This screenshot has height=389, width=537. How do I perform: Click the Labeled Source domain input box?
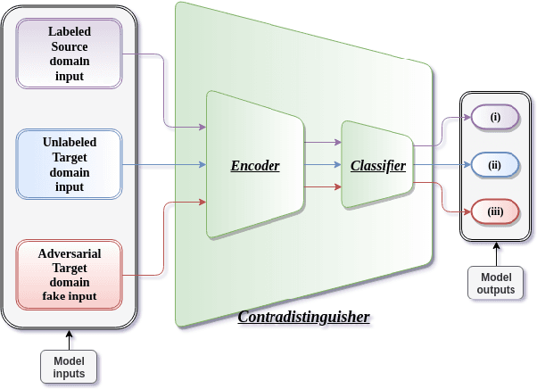click(69, 54)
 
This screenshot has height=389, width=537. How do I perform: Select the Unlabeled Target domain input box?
click(69, 164)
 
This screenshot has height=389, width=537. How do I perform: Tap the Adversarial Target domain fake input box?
click(69, 275)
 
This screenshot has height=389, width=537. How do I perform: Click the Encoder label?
click(255, 166)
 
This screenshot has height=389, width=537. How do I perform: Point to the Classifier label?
click(377, 166)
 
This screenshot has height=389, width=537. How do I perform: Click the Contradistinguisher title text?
click(303, 317)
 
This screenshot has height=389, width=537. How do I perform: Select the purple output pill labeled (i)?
click(495, 118)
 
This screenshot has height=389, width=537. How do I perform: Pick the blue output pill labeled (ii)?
click(495, 165)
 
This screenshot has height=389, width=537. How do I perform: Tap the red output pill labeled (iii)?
click(495, 212)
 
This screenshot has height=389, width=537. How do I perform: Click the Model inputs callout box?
click(69, 367)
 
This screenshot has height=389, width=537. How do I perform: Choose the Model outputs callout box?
click(496, 283)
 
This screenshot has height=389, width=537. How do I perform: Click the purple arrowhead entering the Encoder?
click(202, 127)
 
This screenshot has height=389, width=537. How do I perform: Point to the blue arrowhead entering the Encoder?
click(202, 165)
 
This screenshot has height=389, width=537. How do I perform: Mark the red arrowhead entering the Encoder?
click(202, 203)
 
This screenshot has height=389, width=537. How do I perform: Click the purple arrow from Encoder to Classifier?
click(322, 142)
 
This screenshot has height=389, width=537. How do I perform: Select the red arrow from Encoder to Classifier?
click(322, 186)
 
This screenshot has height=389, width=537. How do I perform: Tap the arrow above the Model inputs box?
click(69, 340)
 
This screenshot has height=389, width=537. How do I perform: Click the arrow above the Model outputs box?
click(496, 254)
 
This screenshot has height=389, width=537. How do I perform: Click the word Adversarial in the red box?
click(69, 253)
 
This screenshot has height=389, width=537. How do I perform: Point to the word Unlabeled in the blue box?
click(69, 142)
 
